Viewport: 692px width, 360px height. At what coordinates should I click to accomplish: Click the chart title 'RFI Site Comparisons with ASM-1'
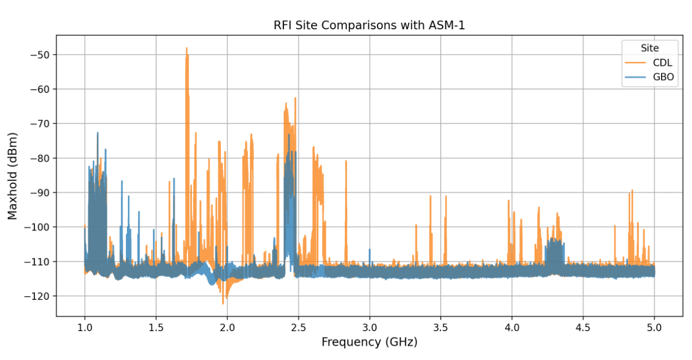tap(369, 25)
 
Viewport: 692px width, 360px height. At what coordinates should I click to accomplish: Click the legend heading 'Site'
tap(650, 48)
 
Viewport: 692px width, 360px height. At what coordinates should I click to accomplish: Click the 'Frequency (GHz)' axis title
tap(369, 342)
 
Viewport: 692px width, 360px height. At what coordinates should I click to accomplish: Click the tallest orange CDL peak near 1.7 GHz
tap(186, 49)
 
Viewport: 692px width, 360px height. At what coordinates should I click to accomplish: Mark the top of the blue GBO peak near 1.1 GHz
tap(97, 133)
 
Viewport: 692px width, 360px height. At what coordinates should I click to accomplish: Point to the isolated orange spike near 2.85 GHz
tap(346, 161)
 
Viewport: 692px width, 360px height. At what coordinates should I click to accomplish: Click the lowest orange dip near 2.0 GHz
tap(223, 303)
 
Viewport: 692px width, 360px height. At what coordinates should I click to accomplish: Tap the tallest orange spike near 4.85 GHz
tap(632, 190)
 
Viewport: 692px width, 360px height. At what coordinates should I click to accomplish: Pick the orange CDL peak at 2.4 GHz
tap(286, 103)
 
